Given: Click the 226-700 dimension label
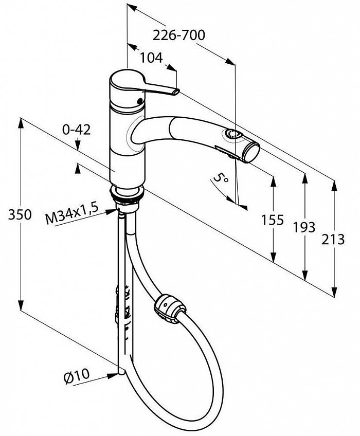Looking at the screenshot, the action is point(179,35).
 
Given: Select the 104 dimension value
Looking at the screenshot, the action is point(151,58).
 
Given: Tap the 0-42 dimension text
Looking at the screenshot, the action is point(77,130).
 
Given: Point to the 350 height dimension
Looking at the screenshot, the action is point(20,215).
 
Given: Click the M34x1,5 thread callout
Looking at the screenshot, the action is point(72,213).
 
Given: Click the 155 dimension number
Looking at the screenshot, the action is point(273,220).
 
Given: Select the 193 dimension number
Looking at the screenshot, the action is point(304,227).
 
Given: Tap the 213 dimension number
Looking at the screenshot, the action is point(333,240).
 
